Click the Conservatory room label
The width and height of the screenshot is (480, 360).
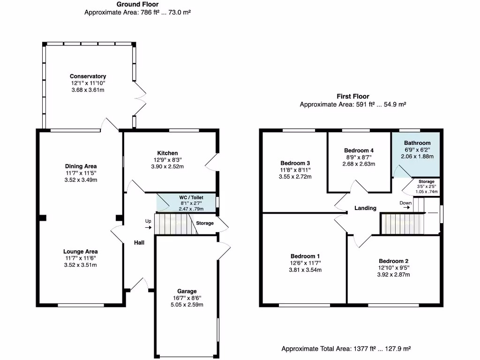click(x=88, y=76)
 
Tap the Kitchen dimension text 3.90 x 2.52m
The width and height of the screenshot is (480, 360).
click(x=167, y=166)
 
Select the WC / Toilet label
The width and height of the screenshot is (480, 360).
click(x=190, y=198)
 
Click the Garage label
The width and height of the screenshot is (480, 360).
click(x=187, y=291)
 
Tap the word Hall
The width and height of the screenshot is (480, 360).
click(x=139, y=242)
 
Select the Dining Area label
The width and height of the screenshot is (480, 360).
click(x=81, y=166)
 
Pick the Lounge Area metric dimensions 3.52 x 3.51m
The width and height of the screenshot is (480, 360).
click(x=81, y=265)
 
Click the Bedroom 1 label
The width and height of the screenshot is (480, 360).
click(x=305, y=256)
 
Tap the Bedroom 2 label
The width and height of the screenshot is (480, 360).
click(x=394, y=261)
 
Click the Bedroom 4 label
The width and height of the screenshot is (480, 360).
click(x=359, y=150)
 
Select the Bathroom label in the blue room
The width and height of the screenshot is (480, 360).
click(x=417, y=143)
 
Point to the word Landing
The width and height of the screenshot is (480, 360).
click(x=365, y=208)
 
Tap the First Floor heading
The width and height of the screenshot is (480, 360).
click(x=352, y=97)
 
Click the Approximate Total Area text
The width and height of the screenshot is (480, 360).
click(x=346, y=349)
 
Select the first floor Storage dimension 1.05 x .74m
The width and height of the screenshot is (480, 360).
click(x=427, y=192)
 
